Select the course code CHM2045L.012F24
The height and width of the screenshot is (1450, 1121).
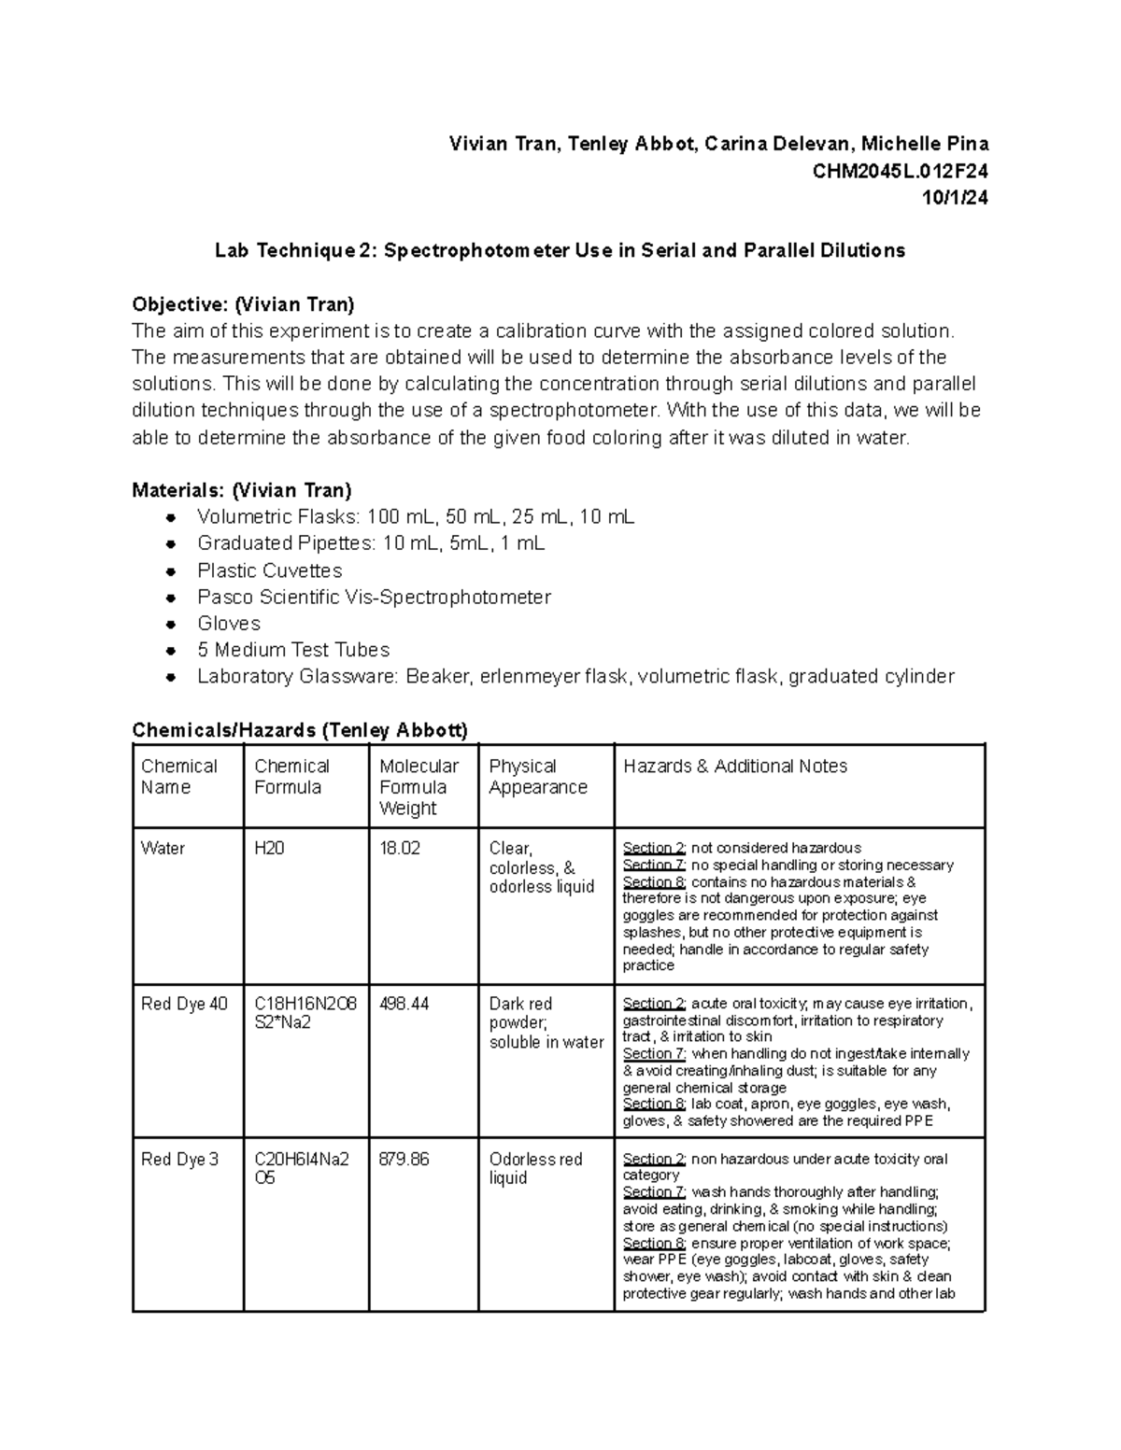click(x=900, y=171)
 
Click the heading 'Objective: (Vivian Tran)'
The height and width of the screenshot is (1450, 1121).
click(x=243, y=304)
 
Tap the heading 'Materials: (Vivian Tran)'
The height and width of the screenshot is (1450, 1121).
click(x=242, y=490)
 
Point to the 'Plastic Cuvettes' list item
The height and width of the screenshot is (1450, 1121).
click(x=269, y=570)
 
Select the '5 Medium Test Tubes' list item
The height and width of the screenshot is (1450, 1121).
click(x=292, y=650)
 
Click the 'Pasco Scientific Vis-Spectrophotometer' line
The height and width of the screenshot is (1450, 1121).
click(x=374, y=597)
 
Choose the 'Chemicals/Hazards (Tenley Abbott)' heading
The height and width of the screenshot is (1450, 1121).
click(x=300, y=730)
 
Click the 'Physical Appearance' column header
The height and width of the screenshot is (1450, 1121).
click(x=537, y=777)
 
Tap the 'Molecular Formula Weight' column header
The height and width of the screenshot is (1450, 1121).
click(x=418, y=786)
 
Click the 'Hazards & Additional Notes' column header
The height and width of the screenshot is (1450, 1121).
click(x=734, y=767)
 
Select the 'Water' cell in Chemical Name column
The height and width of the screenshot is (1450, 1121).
click(x=163, y=848)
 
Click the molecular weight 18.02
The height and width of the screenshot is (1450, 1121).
click(x=399, y=848)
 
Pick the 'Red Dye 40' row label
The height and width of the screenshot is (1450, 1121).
click(x=184, y=1004)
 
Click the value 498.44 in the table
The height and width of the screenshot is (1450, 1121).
click(x=404, y=1004)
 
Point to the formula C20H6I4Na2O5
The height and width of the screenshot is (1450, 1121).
click(x=301, y=1168)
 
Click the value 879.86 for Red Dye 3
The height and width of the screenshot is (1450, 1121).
click(x=404, y=1159)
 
